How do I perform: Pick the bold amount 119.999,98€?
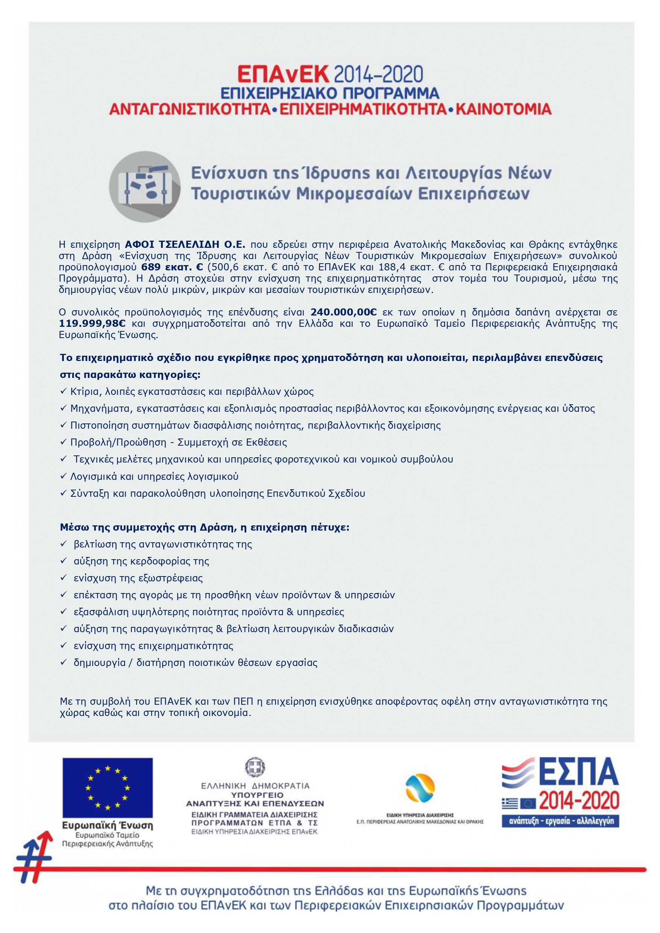click(92, 323)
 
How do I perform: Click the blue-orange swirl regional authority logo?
click(420, 789)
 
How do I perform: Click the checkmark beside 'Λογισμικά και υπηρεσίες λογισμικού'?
click(63, 476)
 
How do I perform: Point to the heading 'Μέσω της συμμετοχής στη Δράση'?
click(205, 528)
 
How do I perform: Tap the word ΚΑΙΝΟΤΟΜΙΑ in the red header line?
click(504, 110)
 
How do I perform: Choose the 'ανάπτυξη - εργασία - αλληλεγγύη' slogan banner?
click(560, 821)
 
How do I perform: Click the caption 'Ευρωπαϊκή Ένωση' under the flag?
click(108, 826)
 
